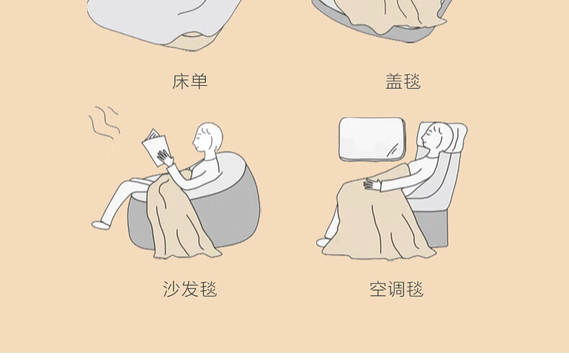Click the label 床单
pyautogui.click(x=190, y=81)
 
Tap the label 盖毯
pyautogui.click(x=403, y=81)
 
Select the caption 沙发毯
pyautogui.click(x=190, y=289)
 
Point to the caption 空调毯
pyautogui.click(x=397, y=289)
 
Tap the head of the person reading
pyautogui.click(x=208, y=138)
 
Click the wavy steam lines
pyautogui.click(x=104, y=122)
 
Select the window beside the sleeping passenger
pyautogui.click(x=372, y=139)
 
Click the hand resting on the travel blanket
pyautogui.click(x=372, y=184)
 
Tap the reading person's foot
pyautogui.click(x=101, y=225)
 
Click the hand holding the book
pyautogui.click(x=165, y=158)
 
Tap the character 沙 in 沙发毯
pyautogui.click(x=171, y=289)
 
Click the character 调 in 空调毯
pyautogui.click(x=397, y=289)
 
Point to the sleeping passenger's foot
pyautogui.click(x=323, y=242)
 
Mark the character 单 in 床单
pyautogui.click(x=199, y=81)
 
